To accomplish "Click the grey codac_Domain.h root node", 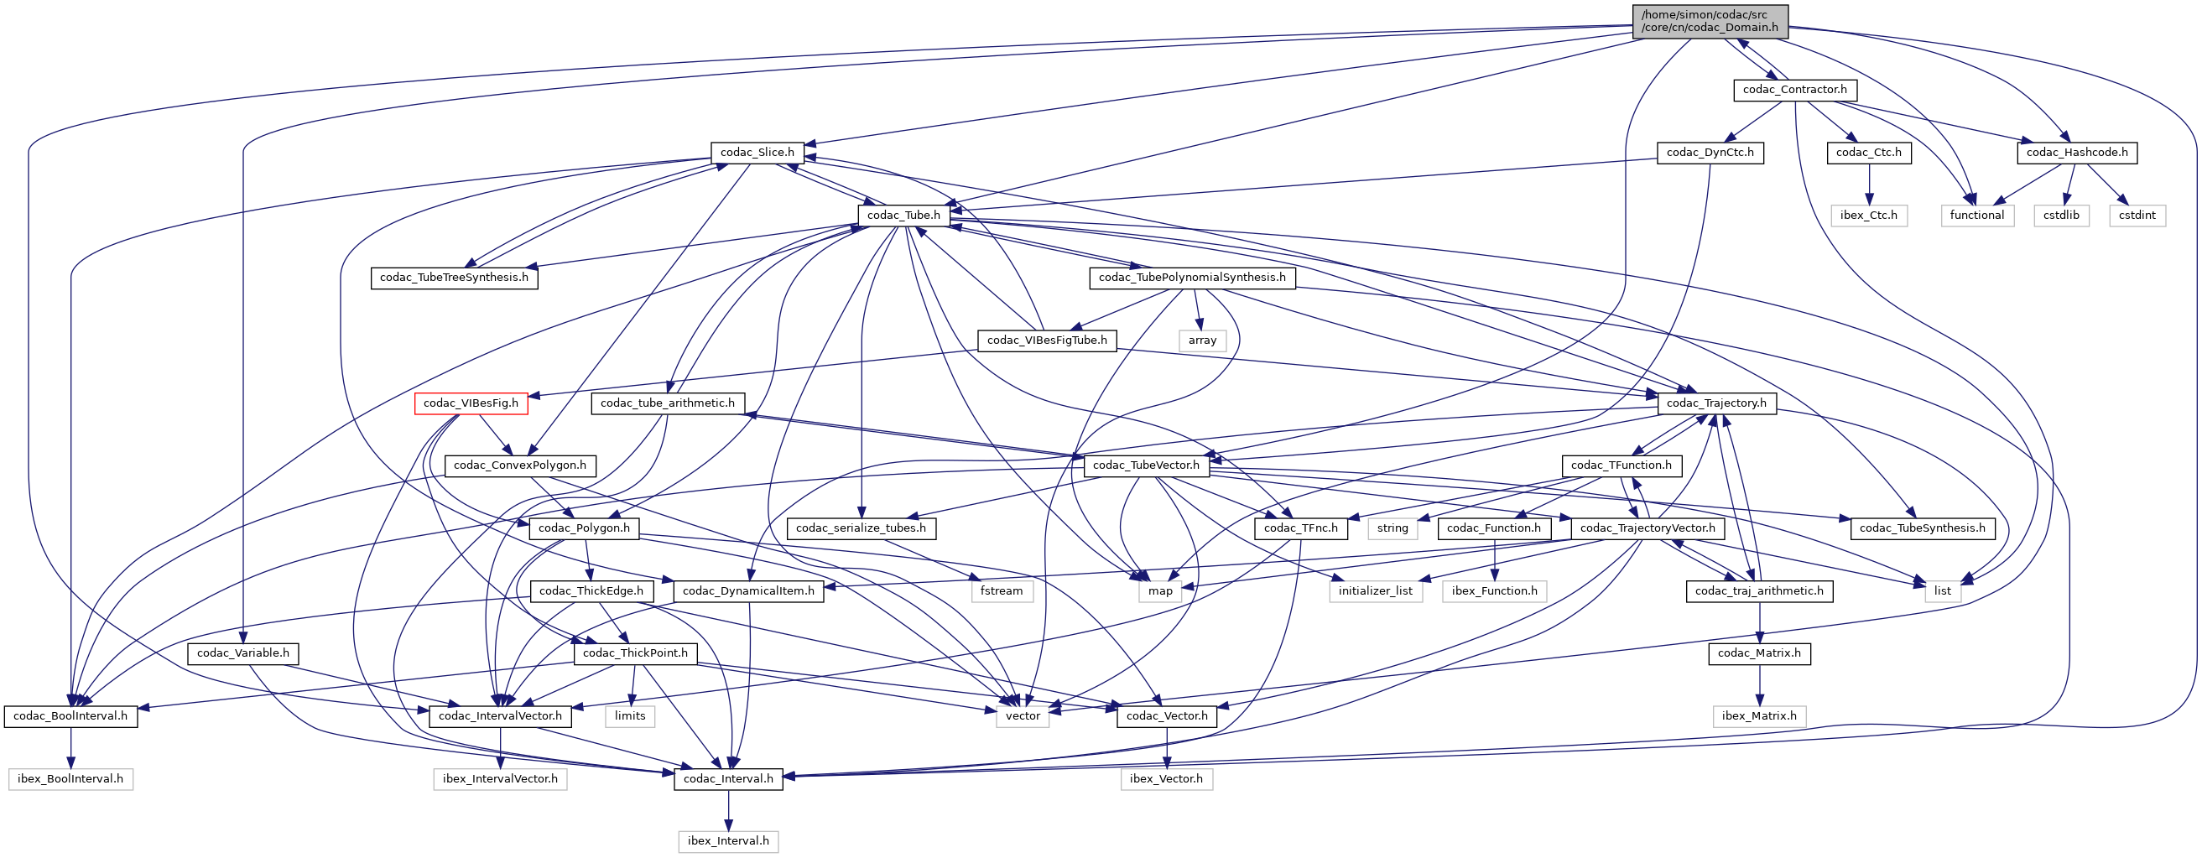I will (1710, 21).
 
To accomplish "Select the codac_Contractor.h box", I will (1794, 90).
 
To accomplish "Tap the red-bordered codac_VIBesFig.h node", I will (470, 403).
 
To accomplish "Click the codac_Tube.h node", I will (903, 216).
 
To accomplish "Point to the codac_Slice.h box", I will (757, 153).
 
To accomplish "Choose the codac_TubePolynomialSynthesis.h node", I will (1192, 278).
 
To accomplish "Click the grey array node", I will (1202, 341).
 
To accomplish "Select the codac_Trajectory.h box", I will (1715, 403).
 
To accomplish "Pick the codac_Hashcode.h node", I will (2076, 153).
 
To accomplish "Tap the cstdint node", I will (2137, 216).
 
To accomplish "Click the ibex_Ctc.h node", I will (1869, 216).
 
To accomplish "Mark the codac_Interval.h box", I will (727, 779).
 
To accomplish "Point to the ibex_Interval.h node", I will (727, 842).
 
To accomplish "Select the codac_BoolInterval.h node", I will (70, 716).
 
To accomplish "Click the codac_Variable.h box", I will (242, 653).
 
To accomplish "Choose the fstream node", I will (1001, 591).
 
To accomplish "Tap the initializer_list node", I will (1375, 591).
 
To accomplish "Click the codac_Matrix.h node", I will (1758, 653).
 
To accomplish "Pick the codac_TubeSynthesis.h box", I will (1922, 528).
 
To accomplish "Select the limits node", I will (630, 716).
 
